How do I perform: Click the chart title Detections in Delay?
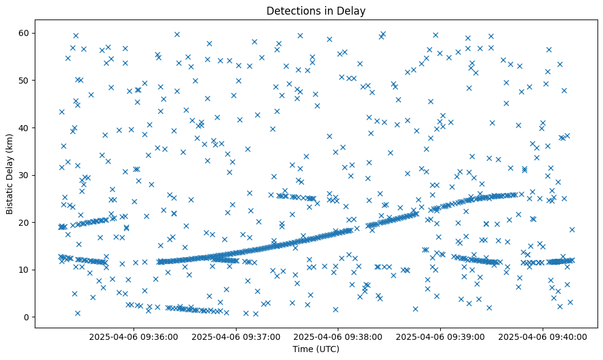(316, 10)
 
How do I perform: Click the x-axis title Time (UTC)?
(316, 349)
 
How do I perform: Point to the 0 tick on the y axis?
(27, 317)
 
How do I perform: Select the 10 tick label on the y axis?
(25, 270)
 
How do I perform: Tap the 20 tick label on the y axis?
(25, 222)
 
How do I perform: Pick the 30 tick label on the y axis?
(25, 175)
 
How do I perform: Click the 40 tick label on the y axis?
(25, 128)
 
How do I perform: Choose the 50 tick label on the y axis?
(25, 80)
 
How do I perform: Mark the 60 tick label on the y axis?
(25, 33)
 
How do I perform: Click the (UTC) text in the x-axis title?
(327, 349)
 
